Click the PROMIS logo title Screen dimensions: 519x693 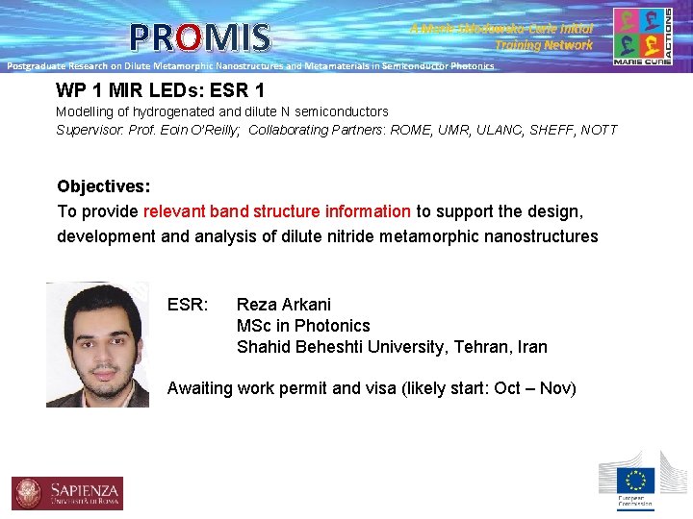[200, 37]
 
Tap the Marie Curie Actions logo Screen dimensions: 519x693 [642, 37]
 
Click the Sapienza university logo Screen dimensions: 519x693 [67, 492]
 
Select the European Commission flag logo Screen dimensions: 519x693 [635, 481]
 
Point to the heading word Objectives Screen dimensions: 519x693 [103, 185]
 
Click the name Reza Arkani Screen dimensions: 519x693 [284, 305]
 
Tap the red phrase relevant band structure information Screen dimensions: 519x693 [277, 211]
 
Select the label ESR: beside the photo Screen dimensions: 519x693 [188, 305]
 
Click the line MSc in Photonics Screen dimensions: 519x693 [303, 326]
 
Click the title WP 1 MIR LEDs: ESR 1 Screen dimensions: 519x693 [160, 91]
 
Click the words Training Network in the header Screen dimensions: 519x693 [544, 45]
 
